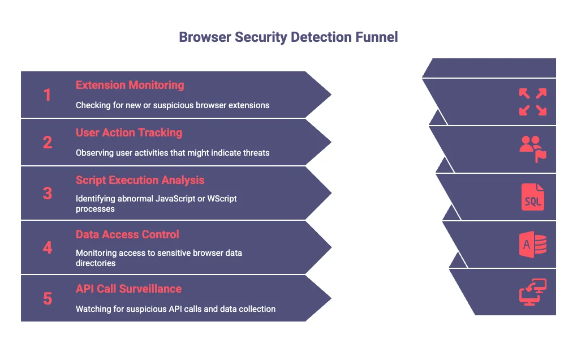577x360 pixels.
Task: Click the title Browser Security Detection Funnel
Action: tap(288, 37)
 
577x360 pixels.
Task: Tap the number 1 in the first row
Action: tap(48, 95)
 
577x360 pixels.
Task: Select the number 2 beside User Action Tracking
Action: tap(48, 142)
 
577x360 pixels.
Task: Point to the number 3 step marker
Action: tap(48, 193)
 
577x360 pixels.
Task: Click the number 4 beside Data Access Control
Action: tap(48, 247)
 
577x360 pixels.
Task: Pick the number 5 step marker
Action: tap(48, 298)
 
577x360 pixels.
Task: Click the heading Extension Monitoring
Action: tap(130, 85)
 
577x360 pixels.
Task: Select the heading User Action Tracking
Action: tap(129, 132)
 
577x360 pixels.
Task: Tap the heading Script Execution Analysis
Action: tap(140, 180)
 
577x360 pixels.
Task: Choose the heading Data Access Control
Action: tap(127, 234)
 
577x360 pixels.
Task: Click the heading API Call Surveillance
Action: tap(128, 289)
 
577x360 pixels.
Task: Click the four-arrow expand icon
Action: tap(532, 102)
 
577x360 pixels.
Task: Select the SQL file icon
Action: tap(532, 198)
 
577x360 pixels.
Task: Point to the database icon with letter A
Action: tap(532, 245)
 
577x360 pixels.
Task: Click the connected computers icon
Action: tap(532, 293)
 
